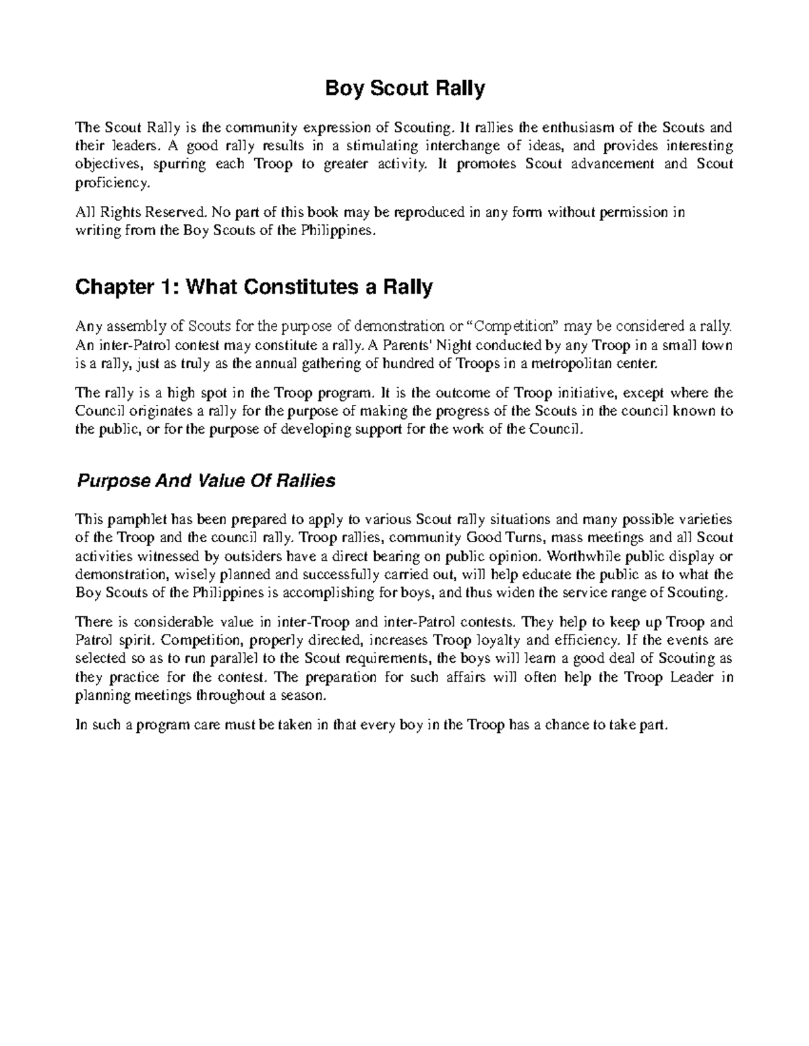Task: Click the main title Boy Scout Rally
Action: pos(405,89)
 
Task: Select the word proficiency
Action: pos(109,183)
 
